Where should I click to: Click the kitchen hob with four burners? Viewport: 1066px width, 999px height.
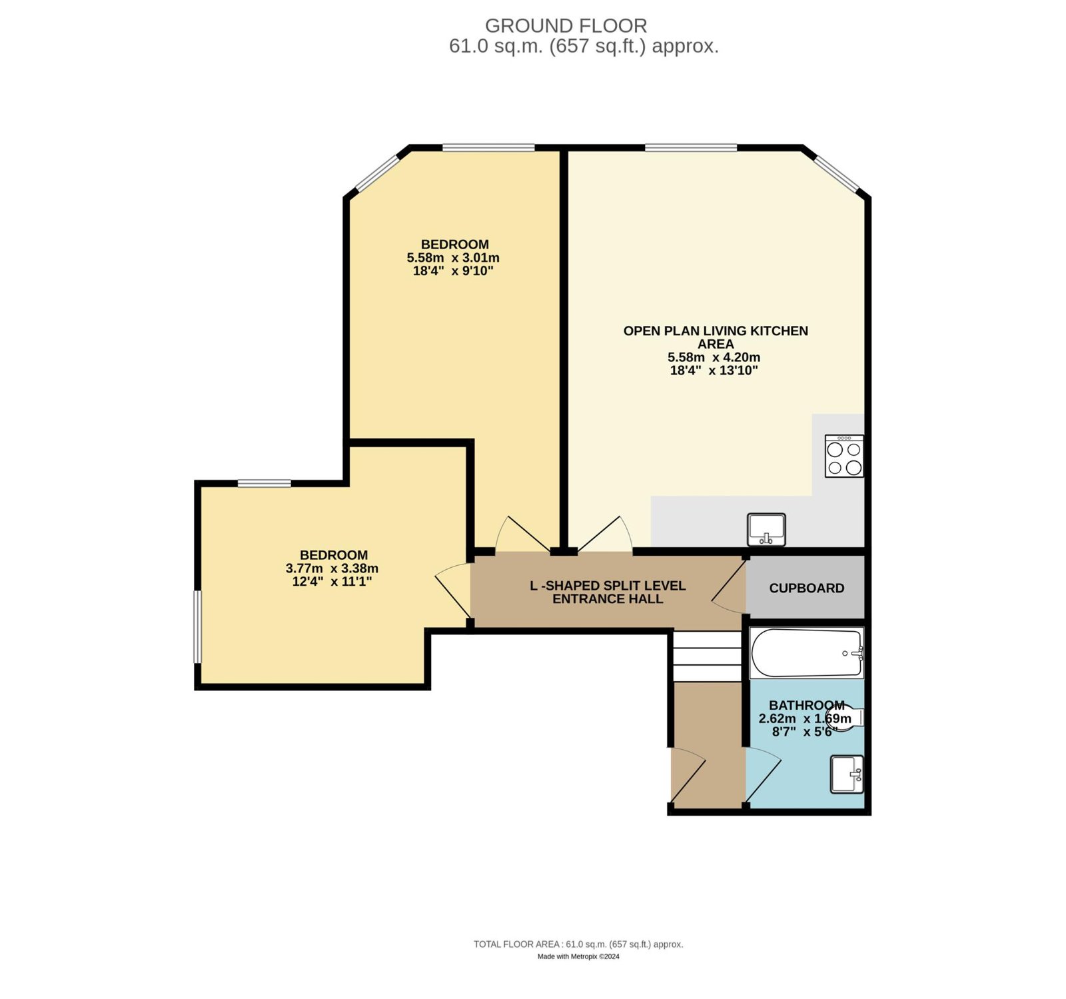click(x=844, y=456)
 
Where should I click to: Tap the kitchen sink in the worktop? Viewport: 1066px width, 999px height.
click(x=766, y=529)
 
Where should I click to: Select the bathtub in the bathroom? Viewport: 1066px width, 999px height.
click(x=807, y=653)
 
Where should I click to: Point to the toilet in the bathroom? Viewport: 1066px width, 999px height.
click(x=845, y=718)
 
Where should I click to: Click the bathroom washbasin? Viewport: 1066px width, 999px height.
click(x=847, y=774)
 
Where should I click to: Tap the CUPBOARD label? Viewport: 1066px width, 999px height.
click(x=807, y=588)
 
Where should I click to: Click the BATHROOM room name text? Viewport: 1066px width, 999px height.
click(x=807, y=705)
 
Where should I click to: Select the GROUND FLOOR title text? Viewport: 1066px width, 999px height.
click(x=566, y=25)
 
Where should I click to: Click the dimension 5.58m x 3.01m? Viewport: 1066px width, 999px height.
click(x=453, y=257)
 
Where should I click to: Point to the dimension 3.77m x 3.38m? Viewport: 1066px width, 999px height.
click(x=332, y=568)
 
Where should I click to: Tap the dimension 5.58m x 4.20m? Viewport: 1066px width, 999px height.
click(x=714, y=357)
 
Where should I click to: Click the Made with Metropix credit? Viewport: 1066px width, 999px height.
click(x=578, y=956)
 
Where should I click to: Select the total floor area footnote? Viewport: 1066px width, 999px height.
click(x=578, y=944)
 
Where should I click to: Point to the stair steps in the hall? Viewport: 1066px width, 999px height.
click(x=707, y=656)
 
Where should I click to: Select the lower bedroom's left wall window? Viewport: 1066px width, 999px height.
click(x=198, y=626)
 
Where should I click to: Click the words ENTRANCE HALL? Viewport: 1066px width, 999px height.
click(x=608, y=599)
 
